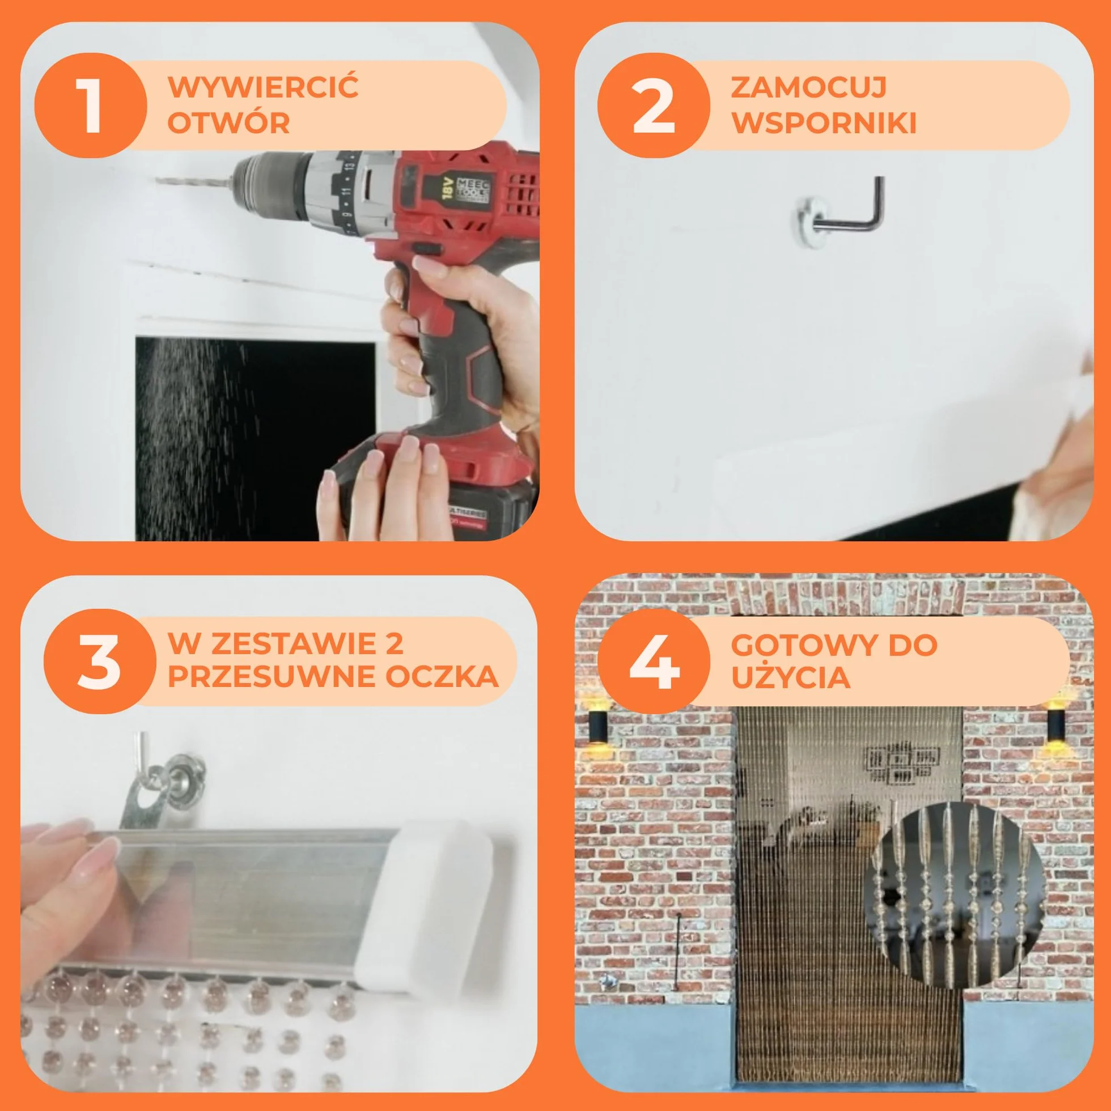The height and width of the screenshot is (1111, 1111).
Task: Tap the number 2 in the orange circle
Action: click(x=653, y=106)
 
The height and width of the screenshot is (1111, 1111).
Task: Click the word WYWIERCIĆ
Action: click(x=264, y=87)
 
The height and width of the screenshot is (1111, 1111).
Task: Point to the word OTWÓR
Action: click(x=229, y=122)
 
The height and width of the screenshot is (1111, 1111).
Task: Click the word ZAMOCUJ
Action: click(x=808, y=87)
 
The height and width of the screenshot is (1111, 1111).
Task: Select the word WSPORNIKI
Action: click(x=824, y=122)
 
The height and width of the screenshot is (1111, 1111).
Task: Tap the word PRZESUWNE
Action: click(x=272, y=676)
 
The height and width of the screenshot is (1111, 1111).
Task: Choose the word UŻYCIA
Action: click(x=790, y=676)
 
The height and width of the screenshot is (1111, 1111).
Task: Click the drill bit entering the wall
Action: click(x=193, y=182)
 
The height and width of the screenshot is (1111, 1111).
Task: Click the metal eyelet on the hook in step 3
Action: click(x=182, y=775)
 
